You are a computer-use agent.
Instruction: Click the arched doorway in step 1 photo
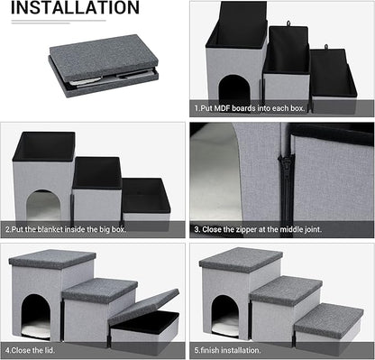(233, 88)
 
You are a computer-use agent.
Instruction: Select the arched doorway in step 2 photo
(42, 206)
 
